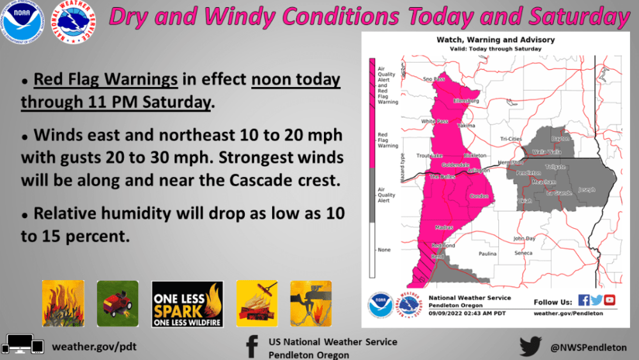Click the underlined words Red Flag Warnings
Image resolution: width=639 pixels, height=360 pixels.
(105, 80)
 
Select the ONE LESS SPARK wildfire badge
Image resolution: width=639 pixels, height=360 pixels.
(187, 304)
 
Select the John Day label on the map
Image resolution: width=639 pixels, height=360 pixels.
(524, 239)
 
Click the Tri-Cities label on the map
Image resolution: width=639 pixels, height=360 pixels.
(512, 138)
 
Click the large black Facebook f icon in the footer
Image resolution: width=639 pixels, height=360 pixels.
(251, 347)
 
